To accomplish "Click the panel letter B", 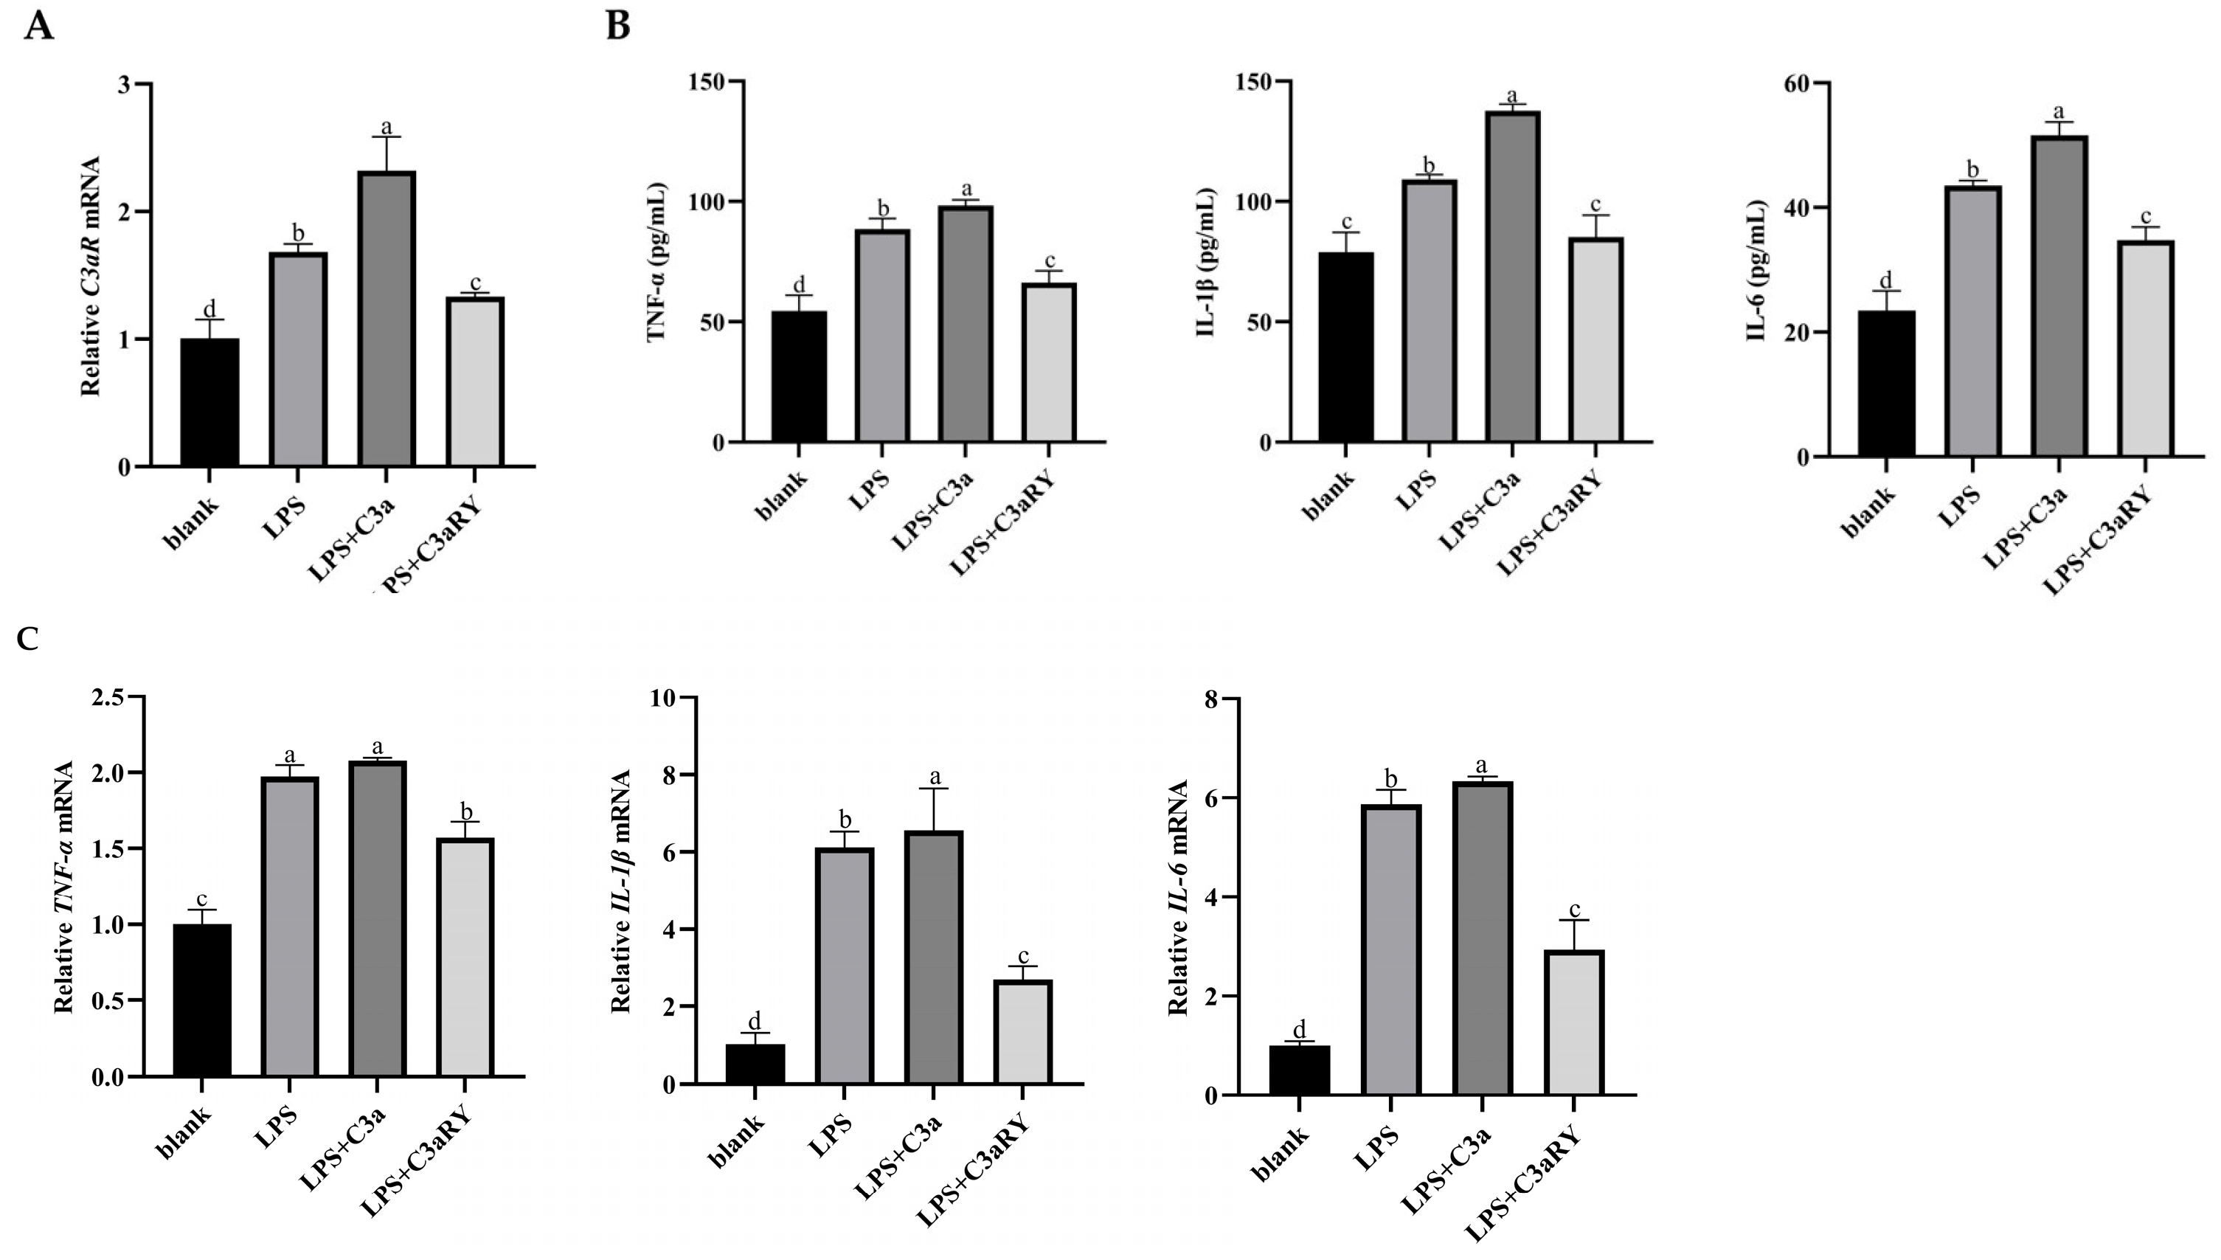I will [x=617, y=26].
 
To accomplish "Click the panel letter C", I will [x=28, y=640].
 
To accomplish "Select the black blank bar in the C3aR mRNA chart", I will [x=209, y=402].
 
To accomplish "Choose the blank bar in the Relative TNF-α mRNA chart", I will [x=201, y=1000].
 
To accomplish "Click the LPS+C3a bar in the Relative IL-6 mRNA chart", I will [x=1482, y=939].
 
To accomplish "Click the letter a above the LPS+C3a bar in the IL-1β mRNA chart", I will [x=935, y=776].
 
